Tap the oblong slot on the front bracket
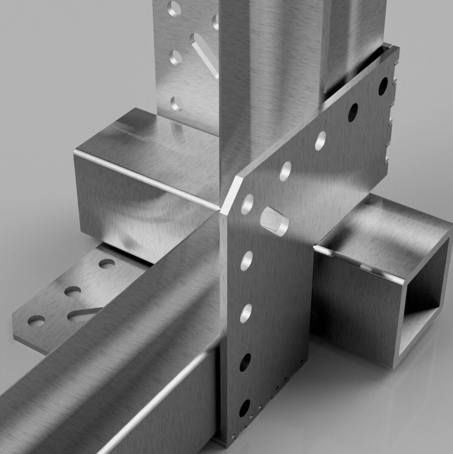[274, 221]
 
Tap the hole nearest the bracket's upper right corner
[383, 86]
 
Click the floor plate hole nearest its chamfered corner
[36, 320]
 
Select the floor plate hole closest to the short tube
[106, 263]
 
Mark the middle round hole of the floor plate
[72, 291]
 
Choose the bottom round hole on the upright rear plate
[176, 104]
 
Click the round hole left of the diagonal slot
[175, 58]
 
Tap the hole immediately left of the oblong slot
[247, 204]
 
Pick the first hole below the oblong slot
[246, 261]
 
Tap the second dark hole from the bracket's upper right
[352, 112]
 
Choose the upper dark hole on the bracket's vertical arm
[245, 362]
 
